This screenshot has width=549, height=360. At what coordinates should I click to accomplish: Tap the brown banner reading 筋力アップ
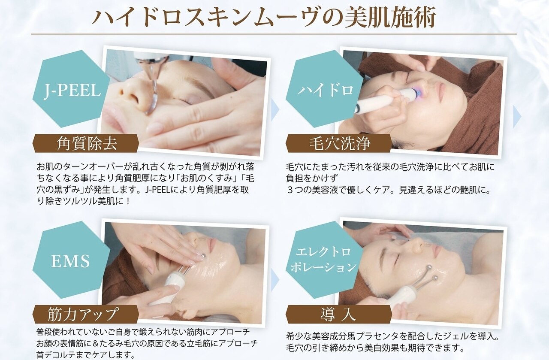click(86, 314)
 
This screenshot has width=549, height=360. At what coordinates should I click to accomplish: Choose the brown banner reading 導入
click(338, 314)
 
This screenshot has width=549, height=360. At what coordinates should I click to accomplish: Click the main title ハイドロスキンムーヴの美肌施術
click(264, 18)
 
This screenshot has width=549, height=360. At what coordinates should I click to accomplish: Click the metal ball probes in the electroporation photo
click(429, 275)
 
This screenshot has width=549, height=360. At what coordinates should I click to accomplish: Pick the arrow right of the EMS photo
click(275, 281)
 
